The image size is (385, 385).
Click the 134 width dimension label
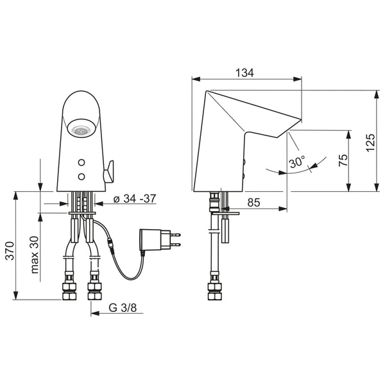tap(244, 73)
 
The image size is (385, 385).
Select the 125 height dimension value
tap(370, 142)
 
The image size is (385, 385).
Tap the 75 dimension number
tap(343, 160)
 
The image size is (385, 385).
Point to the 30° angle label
tap(297, 162)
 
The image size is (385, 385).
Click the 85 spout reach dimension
tap(253, 203)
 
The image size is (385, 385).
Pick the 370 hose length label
tap(10, 251)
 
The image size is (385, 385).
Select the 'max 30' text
tap(35, 255)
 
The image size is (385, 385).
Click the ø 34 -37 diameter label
tap(135, 199)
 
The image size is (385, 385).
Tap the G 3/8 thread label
tap(123, 307)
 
